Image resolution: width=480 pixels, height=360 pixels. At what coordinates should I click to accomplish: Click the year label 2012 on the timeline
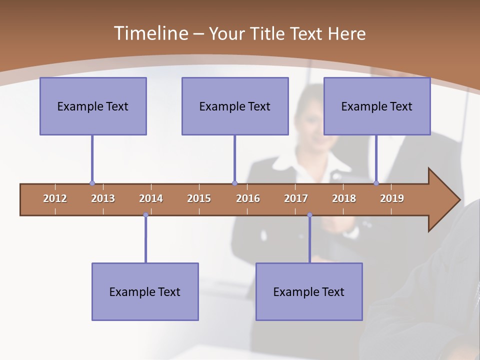[55, 198]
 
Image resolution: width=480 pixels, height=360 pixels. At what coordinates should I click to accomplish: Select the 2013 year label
[103, 198]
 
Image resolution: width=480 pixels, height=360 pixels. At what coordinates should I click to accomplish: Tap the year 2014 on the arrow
[151, 198]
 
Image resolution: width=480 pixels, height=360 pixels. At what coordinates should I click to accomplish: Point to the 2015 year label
[199, 198]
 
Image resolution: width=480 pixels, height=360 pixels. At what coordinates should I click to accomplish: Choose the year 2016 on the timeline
[248, 198]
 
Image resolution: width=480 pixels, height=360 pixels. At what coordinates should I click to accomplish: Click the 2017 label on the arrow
[296, 198]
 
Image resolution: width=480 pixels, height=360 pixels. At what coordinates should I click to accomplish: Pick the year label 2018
[344, 198]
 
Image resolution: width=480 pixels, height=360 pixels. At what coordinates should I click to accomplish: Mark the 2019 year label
[392, 198]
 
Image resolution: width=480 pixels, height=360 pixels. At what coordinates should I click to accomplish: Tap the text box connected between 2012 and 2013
[93, 106]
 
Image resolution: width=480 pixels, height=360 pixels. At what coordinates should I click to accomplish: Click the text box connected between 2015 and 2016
[235, 106]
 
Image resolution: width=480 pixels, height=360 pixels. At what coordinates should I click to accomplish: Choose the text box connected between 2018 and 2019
[377, 106]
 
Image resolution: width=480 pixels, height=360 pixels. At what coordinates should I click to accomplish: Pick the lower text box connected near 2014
[145, 291]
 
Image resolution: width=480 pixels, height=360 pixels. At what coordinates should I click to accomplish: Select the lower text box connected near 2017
[309, 291]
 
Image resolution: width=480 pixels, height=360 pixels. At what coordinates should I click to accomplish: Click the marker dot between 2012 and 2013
[92, 183]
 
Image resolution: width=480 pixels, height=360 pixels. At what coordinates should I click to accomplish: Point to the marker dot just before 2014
[145, 215]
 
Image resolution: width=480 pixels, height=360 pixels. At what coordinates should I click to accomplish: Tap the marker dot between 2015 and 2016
[234, 183]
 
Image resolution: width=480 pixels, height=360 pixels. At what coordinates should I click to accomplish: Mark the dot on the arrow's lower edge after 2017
[309, 215]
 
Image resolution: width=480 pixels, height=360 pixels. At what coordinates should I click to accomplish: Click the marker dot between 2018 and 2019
[376, 183]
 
